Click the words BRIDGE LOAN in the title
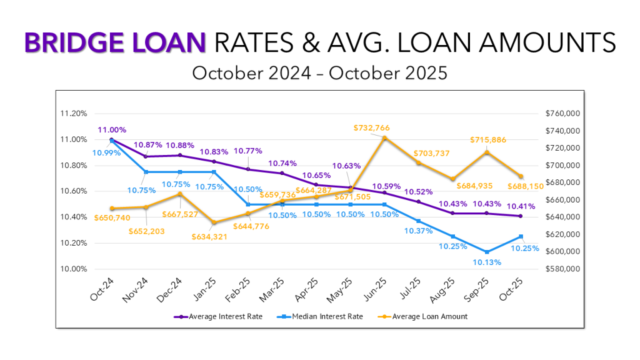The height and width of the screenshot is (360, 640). pyautogui.click(x=114, y=42)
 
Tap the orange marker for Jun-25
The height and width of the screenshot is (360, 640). pyautogui.click(x=384, y=138)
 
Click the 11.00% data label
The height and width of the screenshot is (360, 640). pyautogui.click(x=112, y=130)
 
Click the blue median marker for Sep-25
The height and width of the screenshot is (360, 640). pyautogui.click(x=486, y=252)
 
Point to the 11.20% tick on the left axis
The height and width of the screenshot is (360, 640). pyautogui.click(x=73, y=114)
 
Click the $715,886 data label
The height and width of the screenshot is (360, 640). pyautogui.click(x=489, y=139)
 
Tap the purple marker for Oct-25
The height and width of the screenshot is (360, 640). pyautogui.click(x=521, y=216)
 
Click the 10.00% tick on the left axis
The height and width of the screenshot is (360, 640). pyautogui.click(x=73, y=269)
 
